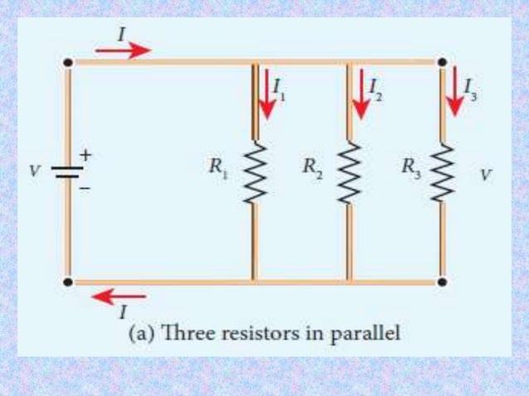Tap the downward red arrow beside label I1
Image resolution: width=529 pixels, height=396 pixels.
pos(266,94)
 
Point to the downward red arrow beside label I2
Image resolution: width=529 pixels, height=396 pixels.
pos(360,94)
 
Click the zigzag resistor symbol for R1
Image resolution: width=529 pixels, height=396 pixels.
pos(254,172)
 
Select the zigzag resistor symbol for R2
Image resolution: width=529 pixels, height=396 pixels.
pos(350,172)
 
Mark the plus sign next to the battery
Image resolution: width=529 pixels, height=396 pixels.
pos(85,155)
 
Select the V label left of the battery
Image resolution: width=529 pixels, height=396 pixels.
pos(34,171)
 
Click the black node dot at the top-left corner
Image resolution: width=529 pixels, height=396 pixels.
pos(68,62)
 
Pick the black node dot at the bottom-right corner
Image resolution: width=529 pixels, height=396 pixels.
pos(442,282)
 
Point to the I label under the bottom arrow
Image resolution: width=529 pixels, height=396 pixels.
pos(123,312)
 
